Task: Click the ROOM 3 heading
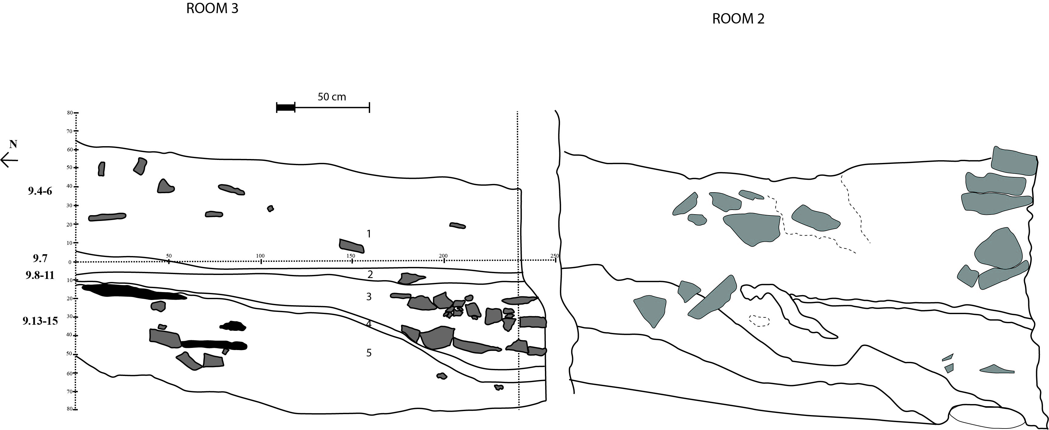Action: pyautogui.click(x=212, y=8)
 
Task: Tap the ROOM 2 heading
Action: pyautogui.click(x=738, y=19)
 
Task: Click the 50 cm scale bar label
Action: pyautogui.click(x=332, y=97)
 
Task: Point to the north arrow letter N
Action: pyautogui.click(x=13, y=144)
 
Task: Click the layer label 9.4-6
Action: pyautogui.click(x=40, y=191)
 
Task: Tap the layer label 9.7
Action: pyautogui.click(x=40, y=258)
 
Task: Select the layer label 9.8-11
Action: pyautogui.click(x=40, y=275)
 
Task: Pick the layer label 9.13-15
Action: pyautogui.click(x=40, y=321)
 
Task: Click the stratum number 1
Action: pyautogui.click(x=368, y=234)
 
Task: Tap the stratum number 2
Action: pyautogui.click(x=370, y=274)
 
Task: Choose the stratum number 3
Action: pyautogui.click(x=368, y=296)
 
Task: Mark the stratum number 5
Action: pyautogui.click(x=368, y=352)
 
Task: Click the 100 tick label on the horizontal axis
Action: pyautogui.click(x=260, y=256)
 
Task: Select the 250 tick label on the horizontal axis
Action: pyautogui.click(x=555, y=256)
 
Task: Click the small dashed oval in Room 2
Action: pyautogui.click(x=760, y=320)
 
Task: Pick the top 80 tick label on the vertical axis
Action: pyautogui.click(x=70, y=113)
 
